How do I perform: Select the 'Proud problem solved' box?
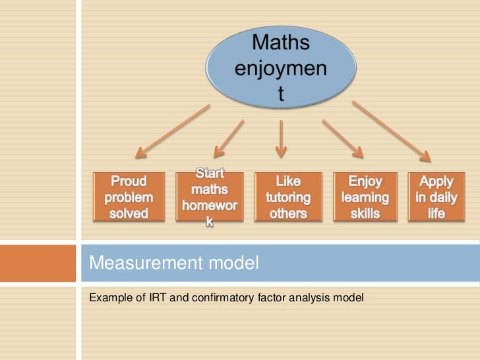tap(128, 196)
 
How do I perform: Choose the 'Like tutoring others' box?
tap(288, 196)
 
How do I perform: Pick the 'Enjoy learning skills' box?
tap(365, 196)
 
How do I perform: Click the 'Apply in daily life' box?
tap(436, 196)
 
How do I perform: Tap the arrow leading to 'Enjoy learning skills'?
tap(342, 139)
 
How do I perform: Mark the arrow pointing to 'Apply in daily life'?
tap(392, 132)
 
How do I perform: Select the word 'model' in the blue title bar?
tap(231, 265)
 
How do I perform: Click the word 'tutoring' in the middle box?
tap(288, 197)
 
